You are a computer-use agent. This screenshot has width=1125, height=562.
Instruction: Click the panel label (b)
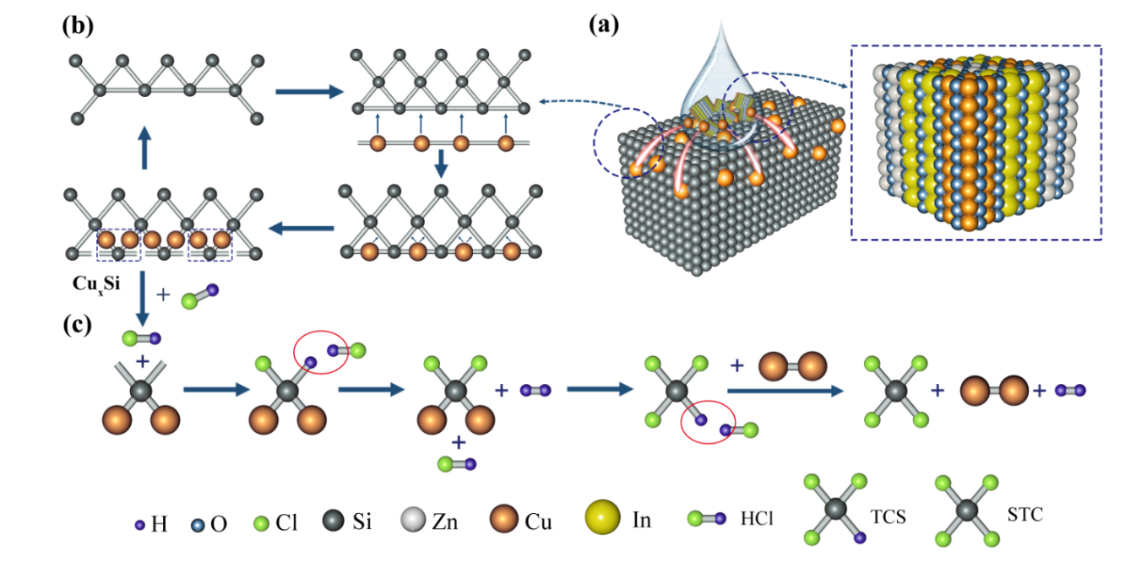point(77,24)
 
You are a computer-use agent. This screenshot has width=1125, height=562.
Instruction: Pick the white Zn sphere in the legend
point(411,519)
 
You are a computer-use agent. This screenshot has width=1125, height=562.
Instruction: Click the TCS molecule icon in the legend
point(835,509)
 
